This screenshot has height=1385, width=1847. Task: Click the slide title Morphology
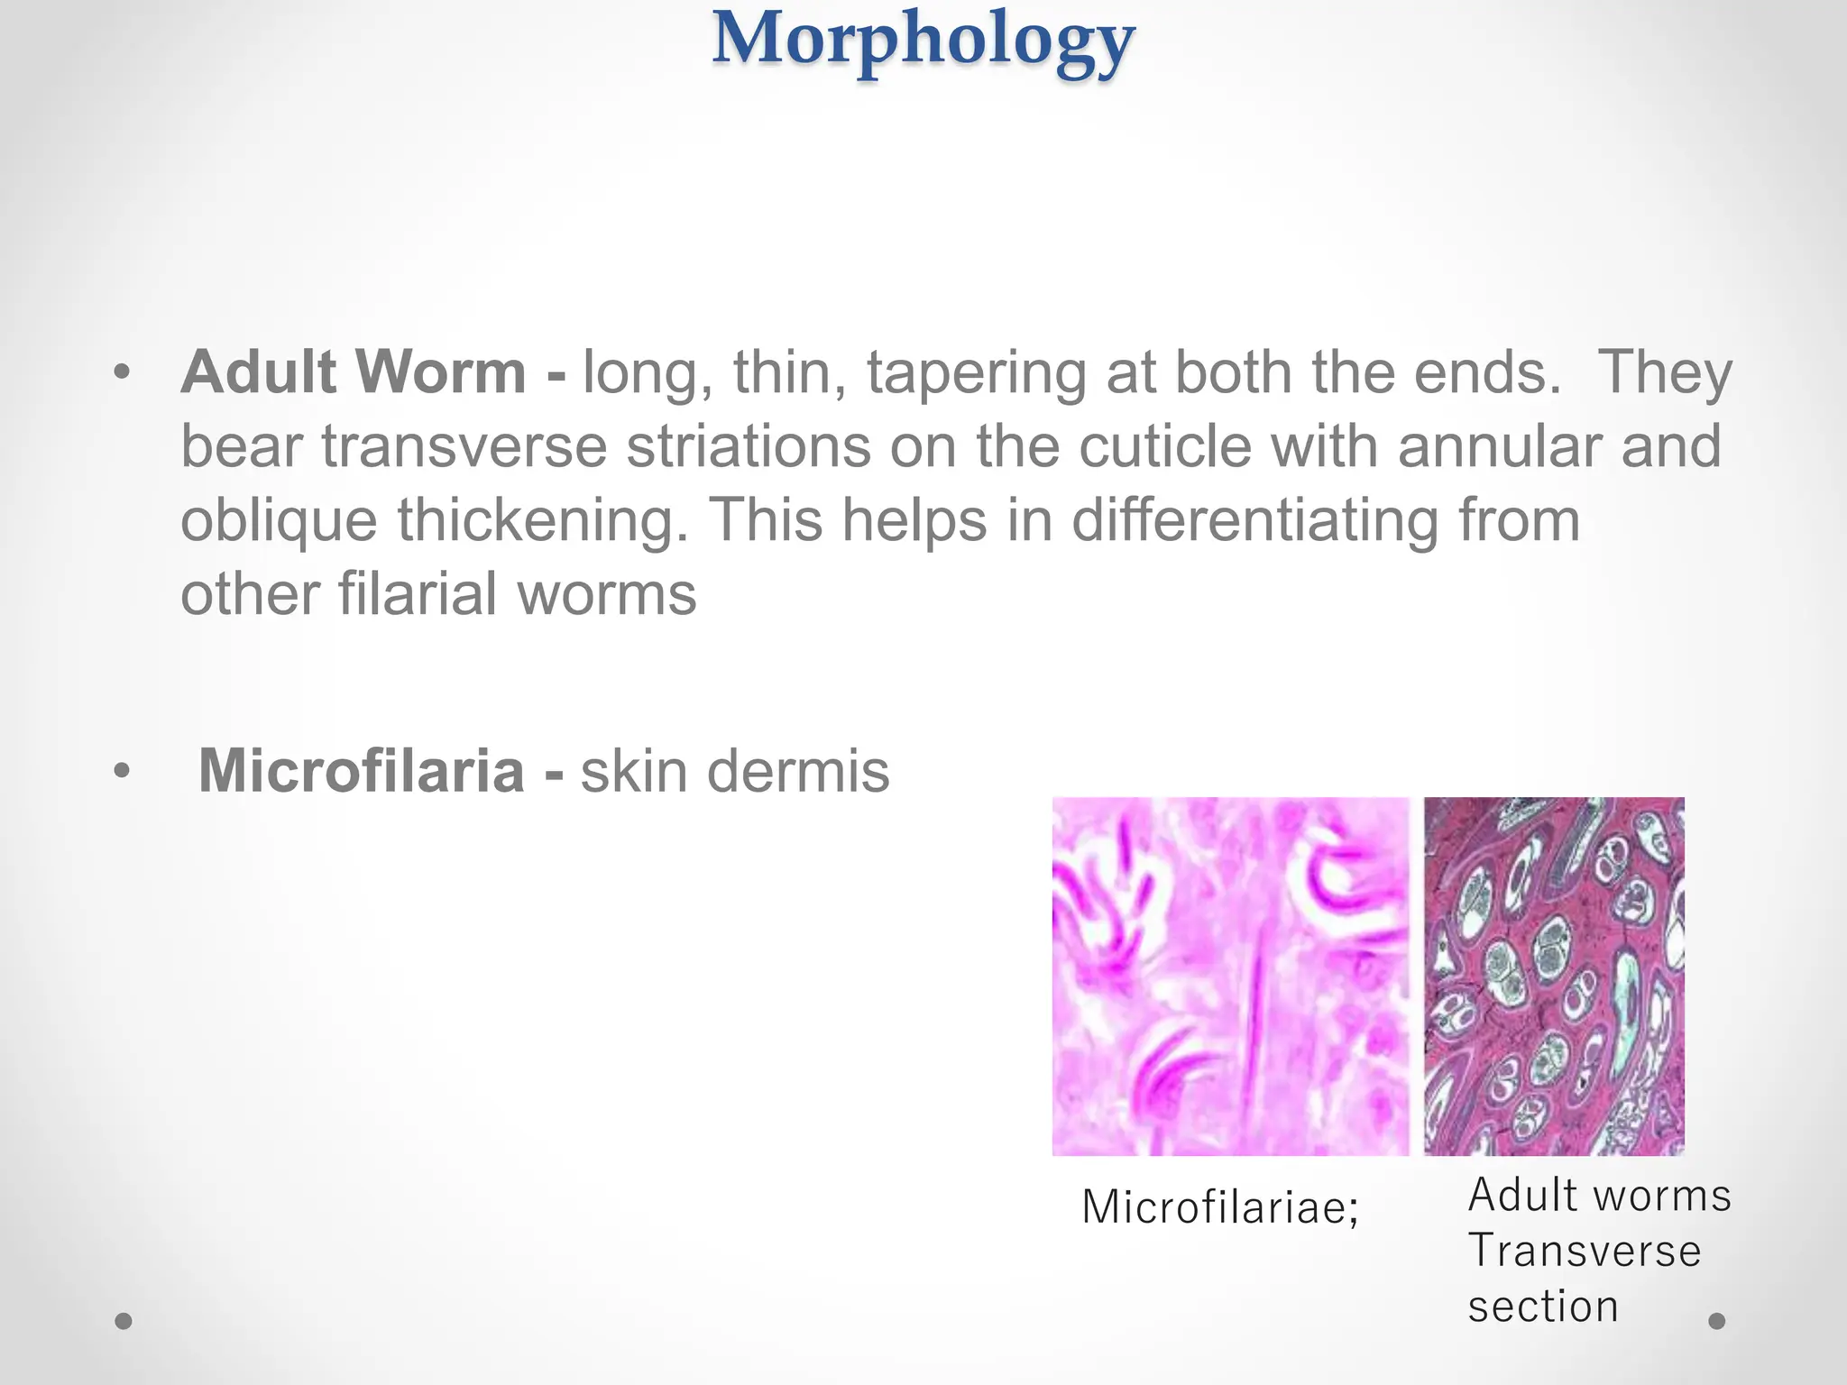coord(923,41)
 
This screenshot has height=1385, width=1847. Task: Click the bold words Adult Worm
coord(354,372)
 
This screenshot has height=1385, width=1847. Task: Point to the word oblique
coord(279,522)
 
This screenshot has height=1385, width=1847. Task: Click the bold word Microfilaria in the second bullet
coord(361,771)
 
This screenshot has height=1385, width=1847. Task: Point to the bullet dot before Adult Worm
coord(123,371)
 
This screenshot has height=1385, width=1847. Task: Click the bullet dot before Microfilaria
coord(123,771)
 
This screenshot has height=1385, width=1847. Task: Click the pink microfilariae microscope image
coord(1230,976)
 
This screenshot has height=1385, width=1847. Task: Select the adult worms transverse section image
coord(1554,976)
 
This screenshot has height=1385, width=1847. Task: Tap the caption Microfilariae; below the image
coord(1219,1206)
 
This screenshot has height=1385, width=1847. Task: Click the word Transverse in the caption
coord(1584,1251)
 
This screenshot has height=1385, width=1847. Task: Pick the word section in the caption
coord(1542,1306)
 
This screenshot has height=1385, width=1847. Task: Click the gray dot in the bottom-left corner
coord(124,1321)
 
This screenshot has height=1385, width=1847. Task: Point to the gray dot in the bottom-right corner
coord(1717,1321)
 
